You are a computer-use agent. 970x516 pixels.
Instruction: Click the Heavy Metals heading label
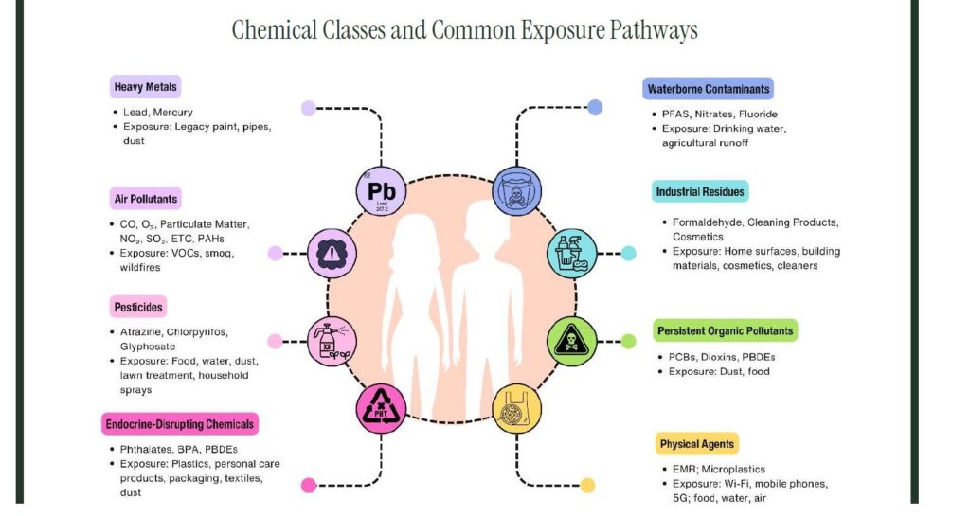click(x=145, y=88)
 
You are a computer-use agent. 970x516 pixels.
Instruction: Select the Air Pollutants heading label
click(x=146, y=199)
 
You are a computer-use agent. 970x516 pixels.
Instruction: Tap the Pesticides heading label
click(x=138, y=308)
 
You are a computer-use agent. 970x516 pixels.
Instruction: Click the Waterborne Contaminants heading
click(x=708, y=90)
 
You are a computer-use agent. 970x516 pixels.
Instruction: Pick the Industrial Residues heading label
click(x=700, y=192)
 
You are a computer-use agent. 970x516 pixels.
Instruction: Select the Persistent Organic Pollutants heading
click(x=725, y=330)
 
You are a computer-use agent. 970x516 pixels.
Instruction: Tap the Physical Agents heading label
click(x=696, y=443)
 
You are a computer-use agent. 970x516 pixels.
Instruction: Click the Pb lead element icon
click(x=381, y=191)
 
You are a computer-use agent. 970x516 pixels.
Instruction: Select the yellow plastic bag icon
click(x=517, y=409)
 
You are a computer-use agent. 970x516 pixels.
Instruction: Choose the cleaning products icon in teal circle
click(x=573, y=254)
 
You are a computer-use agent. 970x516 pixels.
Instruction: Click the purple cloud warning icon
click(x=333, y=254)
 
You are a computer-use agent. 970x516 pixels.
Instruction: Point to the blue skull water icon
click(x=517, y=190)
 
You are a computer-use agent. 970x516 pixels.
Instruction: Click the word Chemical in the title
click(x=273, y=30)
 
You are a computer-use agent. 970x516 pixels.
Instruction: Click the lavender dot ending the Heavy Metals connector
click(x=308, y=108)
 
